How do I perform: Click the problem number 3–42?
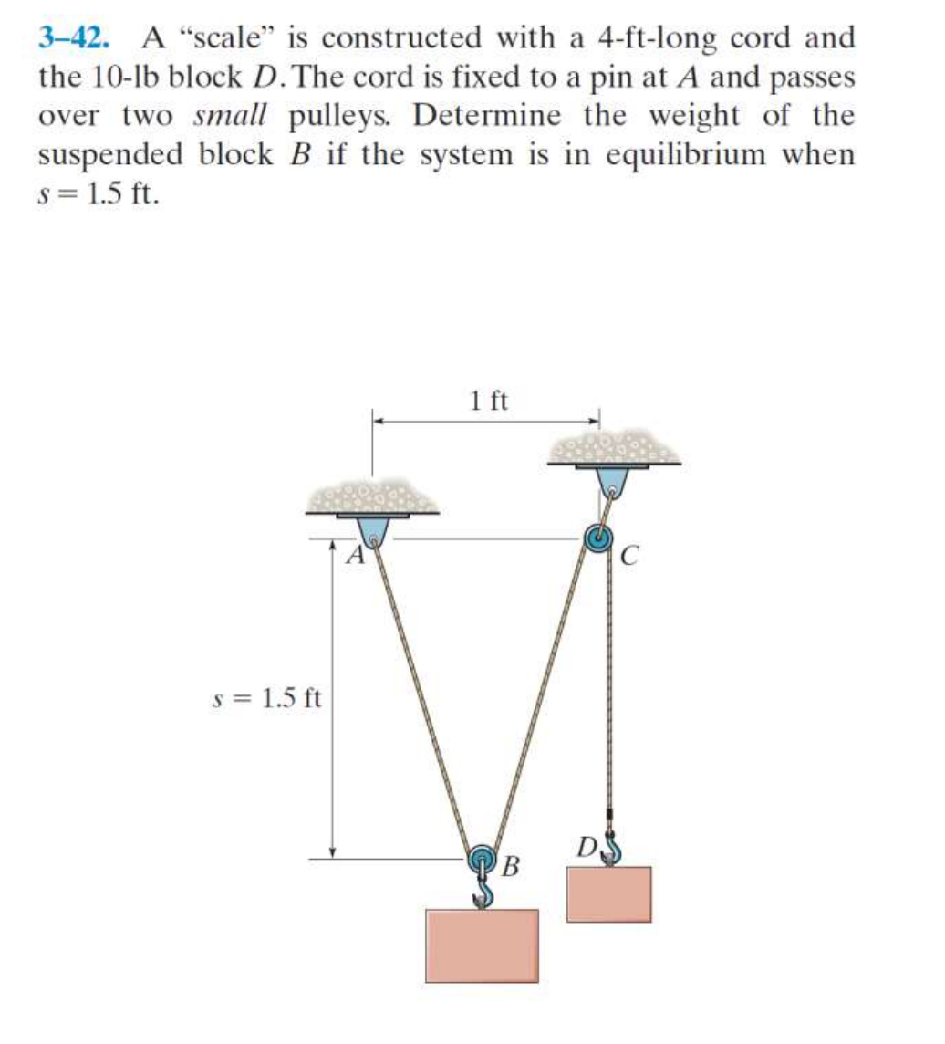[74, 38]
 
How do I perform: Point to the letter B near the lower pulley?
[511, 864]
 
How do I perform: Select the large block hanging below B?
[482, 945]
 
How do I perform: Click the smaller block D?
[609, 894]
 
